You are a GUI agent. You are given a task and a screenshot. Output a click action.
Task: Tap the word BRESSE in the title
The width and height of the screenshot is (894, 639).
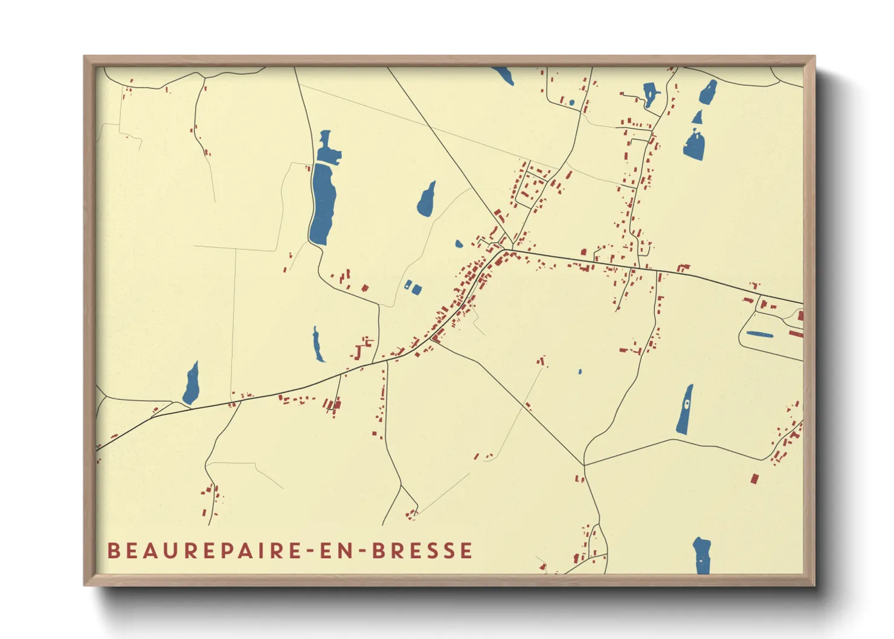422,551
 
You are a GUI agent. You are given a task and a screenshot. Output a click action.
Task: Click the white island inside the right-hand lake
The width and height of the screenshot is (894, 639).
687,403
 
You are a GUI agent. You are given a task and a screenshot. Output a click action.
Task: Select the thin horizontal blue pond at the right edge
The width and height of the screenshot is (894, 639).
759,334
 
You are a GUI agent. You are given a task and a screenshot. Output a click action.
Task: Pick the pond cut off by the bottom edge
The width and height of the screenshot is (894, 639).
701,556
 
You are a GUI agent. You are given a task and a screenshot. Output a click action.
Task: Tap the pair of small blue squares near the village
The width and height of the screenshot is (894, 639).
413,287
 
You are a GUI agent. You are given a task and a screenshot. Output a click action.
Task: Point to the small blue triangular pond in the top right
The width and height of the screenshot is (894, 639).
698,117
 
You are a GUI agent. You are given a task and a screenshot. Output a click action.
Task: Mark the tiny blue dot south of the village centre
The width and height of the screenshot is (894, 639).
580,371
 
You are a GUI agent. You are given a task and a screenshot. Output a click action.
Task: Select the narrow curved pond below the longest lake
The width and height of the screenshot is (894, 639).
317,345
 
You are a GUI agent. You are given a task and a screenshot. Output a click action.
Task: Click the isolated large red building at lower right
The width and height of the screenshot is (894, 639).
754,479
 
